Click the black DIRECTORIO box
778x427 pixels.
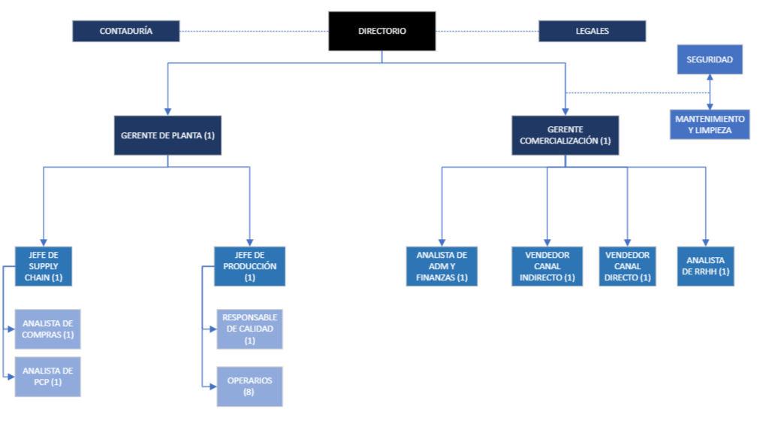tap(382, 31)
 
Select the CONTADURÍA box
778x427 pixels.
tap(126, 31)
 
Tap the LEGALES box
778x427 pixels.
tap(593, 31)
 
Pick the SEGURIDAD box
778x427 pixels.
tap(710, 59)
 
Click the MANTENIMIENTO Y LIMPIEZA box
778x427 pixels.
tap(710, 125)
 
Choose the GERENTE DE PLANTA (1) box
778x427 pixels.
tap(167, 135)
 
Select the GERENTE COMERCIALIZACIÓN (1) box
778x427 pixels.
tap(565, 135)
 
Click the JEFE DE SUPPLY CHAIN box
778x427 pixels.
tap(44, 266)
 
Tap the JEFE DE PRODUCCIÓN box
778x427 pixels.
tap(249, 266)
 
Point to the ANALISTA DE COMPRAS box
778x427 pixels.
tap(47, 329)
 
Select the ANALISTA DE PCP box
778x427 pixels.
tap(47, 377)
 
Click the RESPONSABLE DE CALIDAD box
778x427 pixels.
tap(249, 329)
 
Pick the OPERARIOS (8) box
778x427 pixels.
tap(249, 387)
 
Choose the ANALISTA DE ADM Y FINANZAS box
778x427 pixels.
tap(442, 266)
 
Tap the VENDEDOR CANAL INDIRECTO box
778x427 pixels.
tap(547, 266)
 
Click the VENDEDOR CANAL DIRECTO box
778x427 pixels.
tap(627, 266)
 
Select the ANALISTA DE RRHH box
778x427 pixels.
tap(706, 266)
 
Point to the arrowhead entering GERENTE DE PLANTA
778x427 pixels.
tap(167, 112)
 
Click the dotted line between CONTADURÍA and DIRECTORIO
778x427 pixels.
tap(254, 31)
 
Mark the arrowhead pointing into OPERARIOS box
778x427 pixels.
tap(213, 386)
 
